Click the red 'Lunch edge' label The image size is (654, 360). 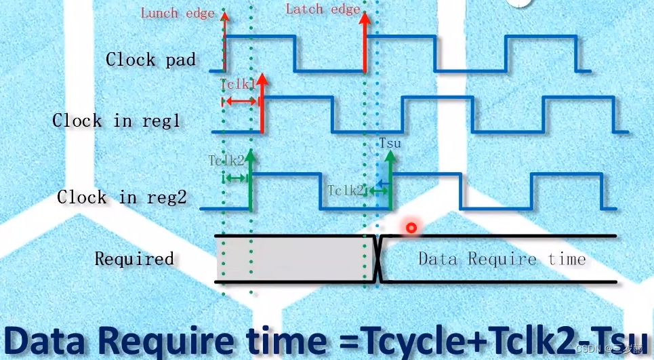point(177,13)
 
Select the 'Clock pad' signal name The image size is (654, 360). point(150,60)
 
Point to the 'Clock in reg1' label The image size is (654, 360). point(116,121)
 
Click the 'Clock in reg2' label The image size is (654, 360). point(121,197)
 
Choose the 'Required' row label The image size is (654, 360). point(134,258)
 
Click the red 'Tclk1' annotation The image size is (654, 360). point(237,84)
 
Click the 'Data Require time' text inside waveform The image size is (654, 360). point(502,258)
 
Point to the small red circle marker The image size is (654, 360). point(411,228)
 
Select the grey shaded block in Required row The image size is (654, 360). point(291,259)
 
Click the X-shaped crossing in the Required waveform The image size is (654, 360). point(379,258)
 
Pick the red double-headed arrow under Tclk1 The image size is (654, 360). point(239,101)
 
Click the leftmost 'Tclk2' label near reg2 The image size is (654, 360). point(225,160)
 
